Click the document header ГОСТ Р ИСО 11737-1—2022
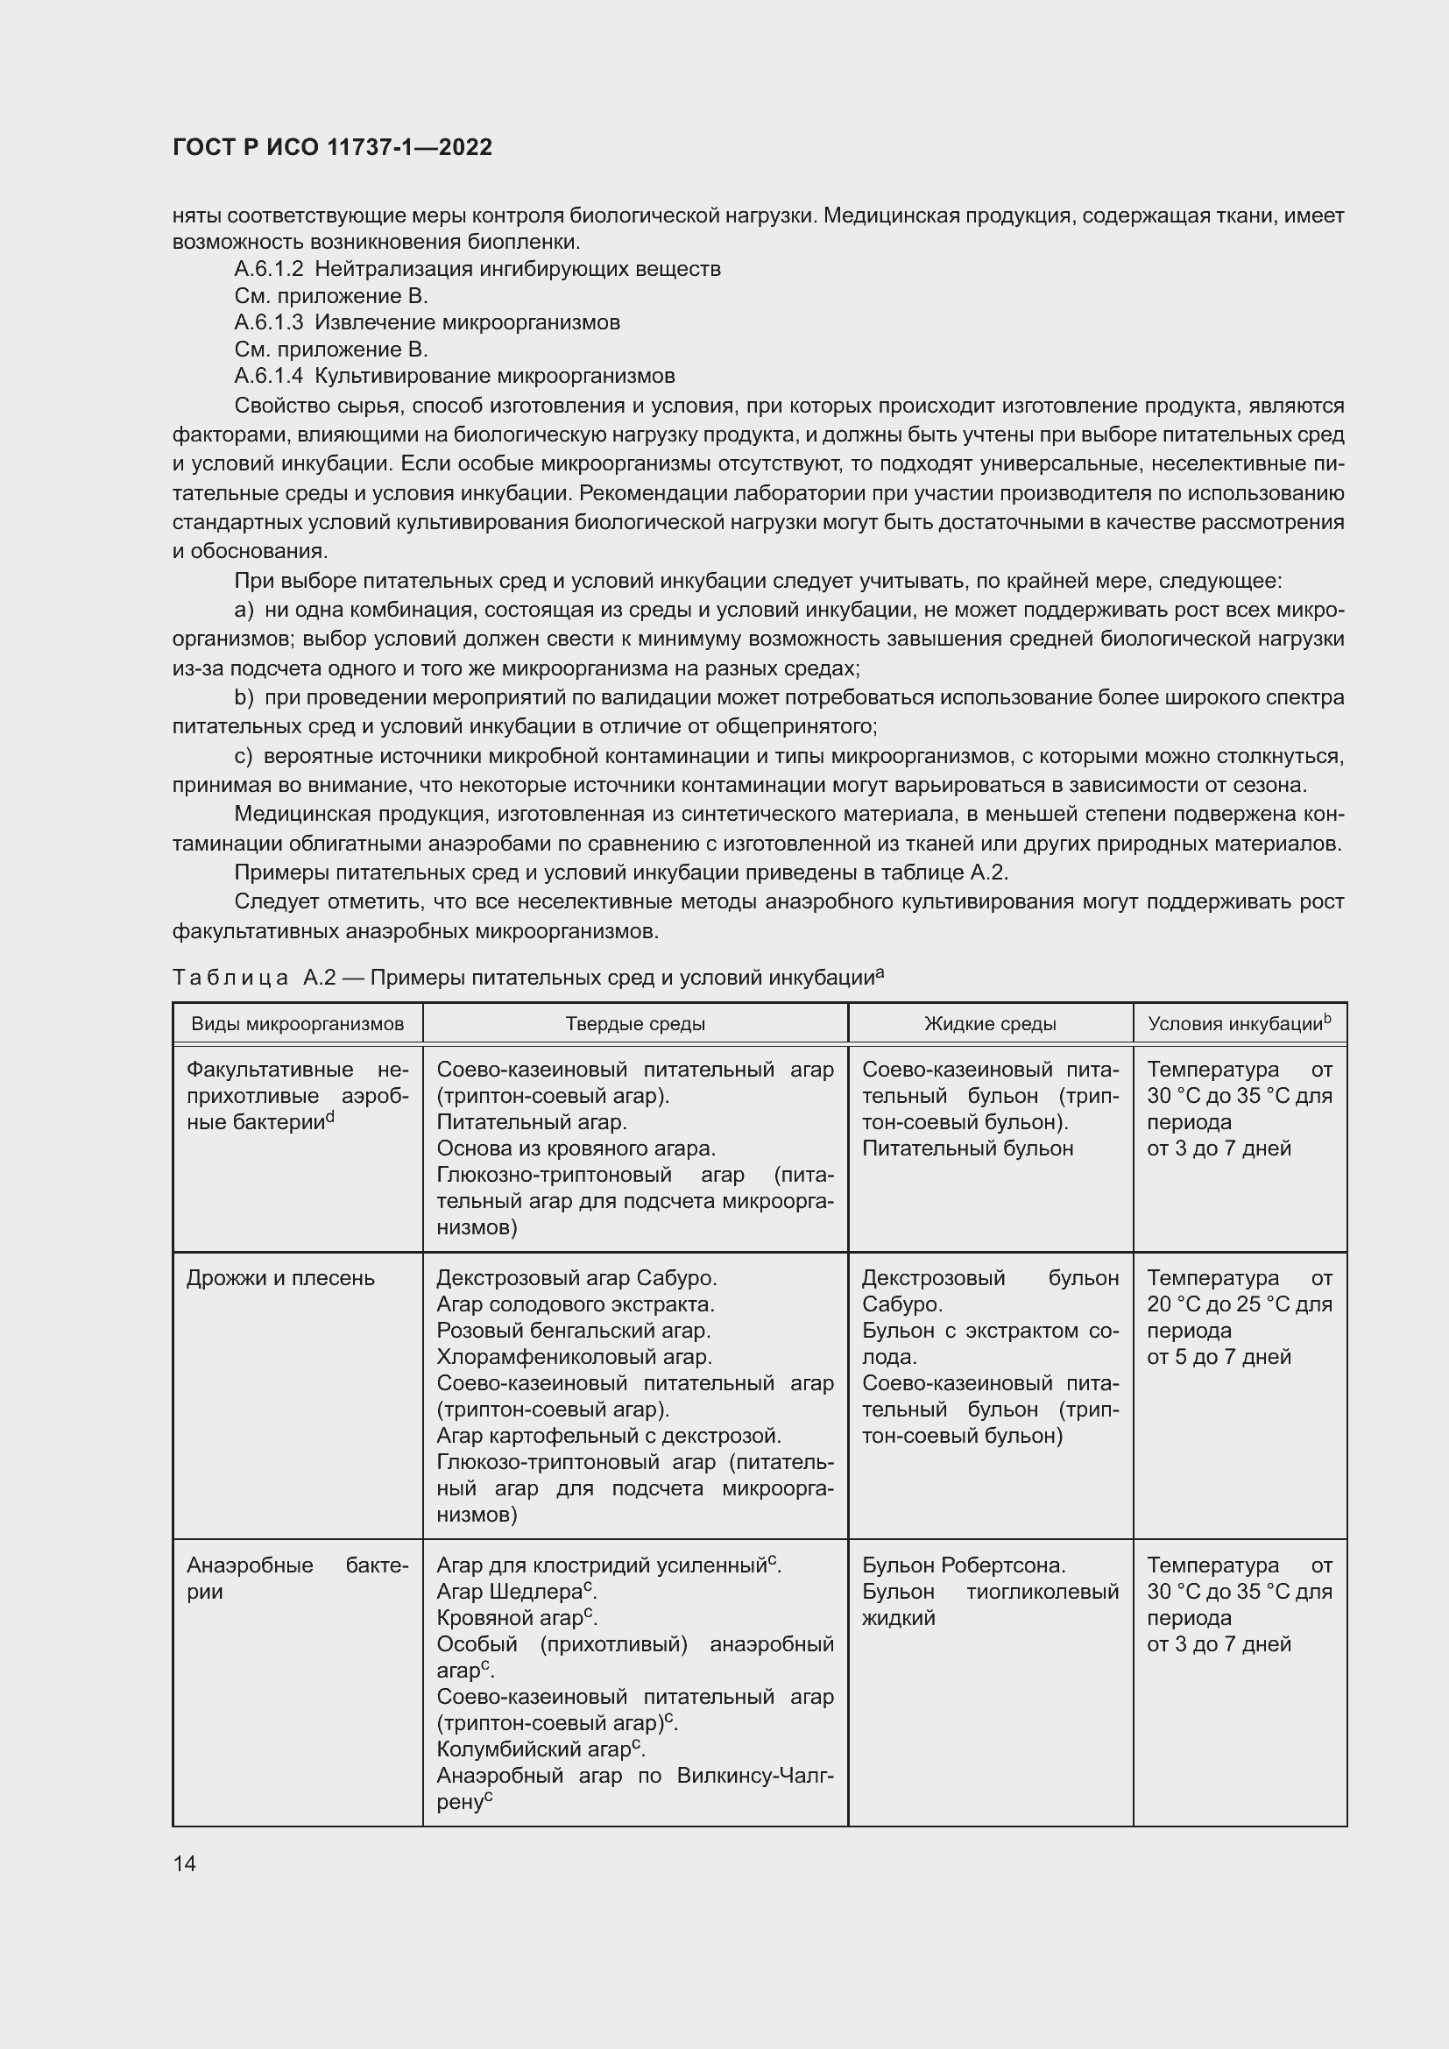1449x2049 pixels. [332, 147]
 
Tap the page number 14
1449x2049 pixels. [185, 1863]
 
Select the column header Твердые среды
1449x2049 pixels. [634, 1023]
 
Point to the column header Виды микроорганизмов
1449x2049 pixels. [297, 1023]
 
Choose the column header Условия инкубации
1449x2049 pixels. [1238, 1023]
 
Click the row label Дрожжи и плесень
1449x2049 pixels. [280, 1278]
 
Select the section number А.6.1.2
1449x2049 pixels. [269, 269]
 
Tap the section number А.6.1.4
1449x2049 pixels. [269, 376]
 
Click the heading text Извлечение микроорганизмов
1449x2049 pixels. [467, 322]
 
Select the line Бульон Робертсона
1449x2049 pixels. [964, 1565]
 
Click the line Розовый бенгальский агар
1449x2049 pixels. [573, 1331]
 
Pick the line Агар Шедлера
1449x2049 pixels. [516, 1591]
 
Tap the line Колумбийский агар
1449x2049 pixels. [540, 1749]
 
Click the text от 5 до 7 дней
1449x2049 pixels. [1219, 1356]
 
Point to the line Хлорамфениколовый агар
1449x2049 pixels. [574, 1356]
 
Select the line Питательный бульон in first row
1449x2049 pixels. [967, 1148]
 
